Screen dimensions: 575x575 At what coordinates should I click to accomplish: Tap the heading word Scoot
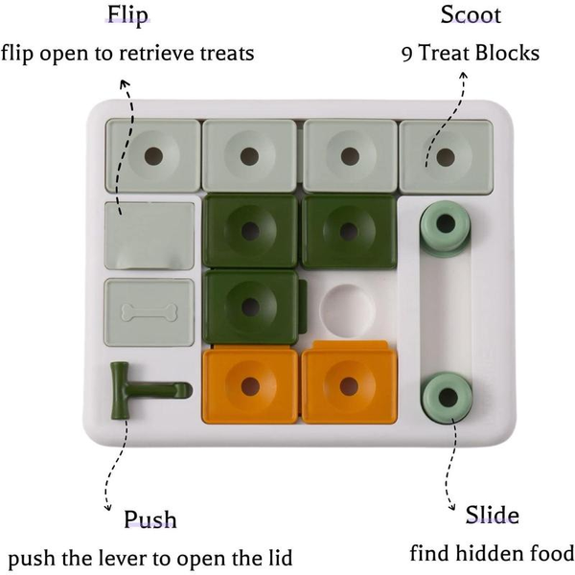pos(470,16)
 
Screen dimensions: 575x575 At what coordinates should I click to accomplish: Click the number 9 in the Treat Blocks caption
pos(407,53)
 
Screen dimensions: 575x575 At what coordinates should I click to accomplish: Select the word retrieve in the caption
pos(176,53)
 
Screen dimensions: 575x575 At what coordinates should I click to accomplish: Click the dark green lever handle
pos(144,391)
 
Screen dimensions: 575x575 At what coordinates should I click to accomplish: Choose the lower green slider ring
pos(445,394)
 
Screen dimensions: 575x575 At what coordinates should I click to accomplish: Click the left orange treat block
pos(249,385)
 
